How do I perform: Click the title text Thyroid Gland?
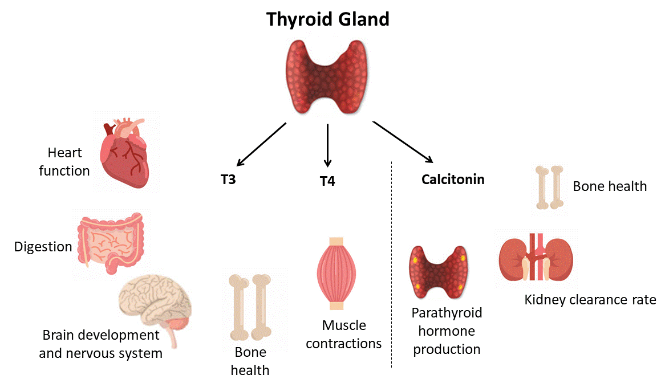[x=328, y=19]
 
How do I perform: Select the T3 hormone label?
[x=228, y=180]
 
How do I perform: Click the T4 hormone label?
[x=327, y=182]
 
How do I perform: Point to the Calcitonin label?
[x=453, y=180]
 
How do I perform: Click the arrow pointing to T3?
[x=261, y=144]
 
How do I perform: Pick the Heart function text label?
[x=64, y=162]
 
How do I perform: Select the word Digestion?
[x=43, y=247]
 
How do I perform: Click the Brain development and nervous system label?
[x=101, y=344]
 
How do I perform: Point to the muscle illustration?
[x=336, y=273]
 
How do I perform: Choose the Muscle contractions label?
[x=344, y=335]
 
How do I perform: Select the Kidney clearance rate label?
[x=590, y=300]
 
